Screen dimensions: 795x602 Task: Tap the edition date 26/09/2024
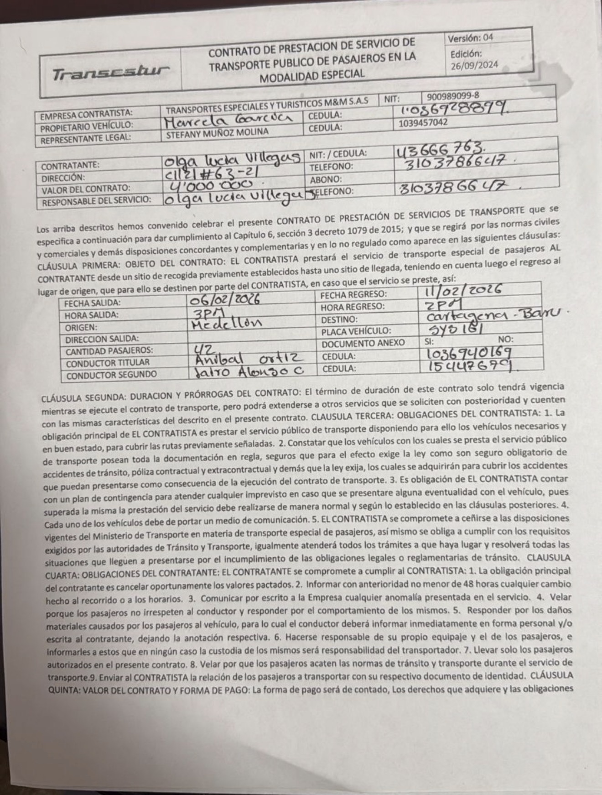tap(474, 65)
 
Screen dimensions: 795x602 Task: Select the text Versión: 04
tap(470, 38)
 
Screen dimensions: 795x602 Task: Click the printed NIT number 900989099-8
tap(453, 96)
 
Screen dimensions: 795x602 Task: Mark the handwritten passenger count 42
tap(202, 348)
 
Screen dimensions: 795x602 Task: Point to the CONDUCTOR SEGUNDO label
tap(111, 375)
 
